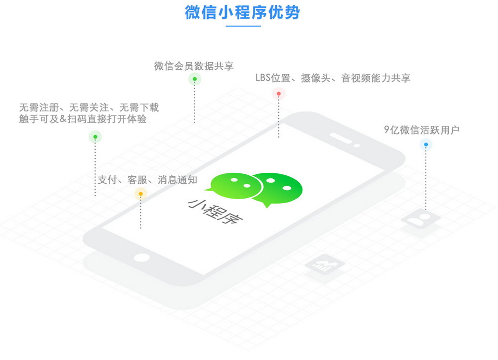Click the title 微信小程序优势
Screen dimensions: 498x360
[243, 13]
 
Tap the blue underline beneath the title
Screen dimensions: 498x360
[244, 26]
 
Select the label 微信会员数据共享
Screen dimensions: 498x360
[194, 66]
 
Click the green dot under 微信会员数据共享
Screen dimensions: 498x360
[195, 79]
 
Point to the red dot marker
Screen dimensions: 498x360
[278, 94]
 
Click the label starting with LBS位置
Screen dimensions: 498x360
[333, 78]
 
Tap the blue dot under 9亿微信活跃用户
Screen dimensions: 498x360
[426, 144]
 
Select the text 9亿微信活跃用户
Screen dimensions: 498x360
[421, 130]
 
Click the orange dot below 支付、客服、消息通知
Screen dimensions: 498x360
[141, 194]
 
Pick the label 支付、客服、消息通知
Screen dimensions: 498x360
[147, 180]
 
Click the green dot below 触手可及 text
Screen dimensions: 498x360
[95, 137]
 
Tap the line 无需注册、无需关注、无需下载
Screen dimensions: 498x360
[89, 108]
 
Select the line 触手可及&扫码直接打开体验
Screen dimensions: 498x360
[83, 119]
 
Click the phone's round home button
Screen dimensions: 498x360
[141, 257]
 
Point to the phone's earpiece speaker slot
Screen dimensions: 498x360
[341, 138]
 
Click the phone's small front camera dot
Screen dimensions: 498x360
[357, 146]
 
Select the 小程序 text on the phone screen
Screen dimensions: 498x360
[215, 212]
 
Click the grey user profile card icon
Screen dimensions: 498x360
[420, 219]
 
